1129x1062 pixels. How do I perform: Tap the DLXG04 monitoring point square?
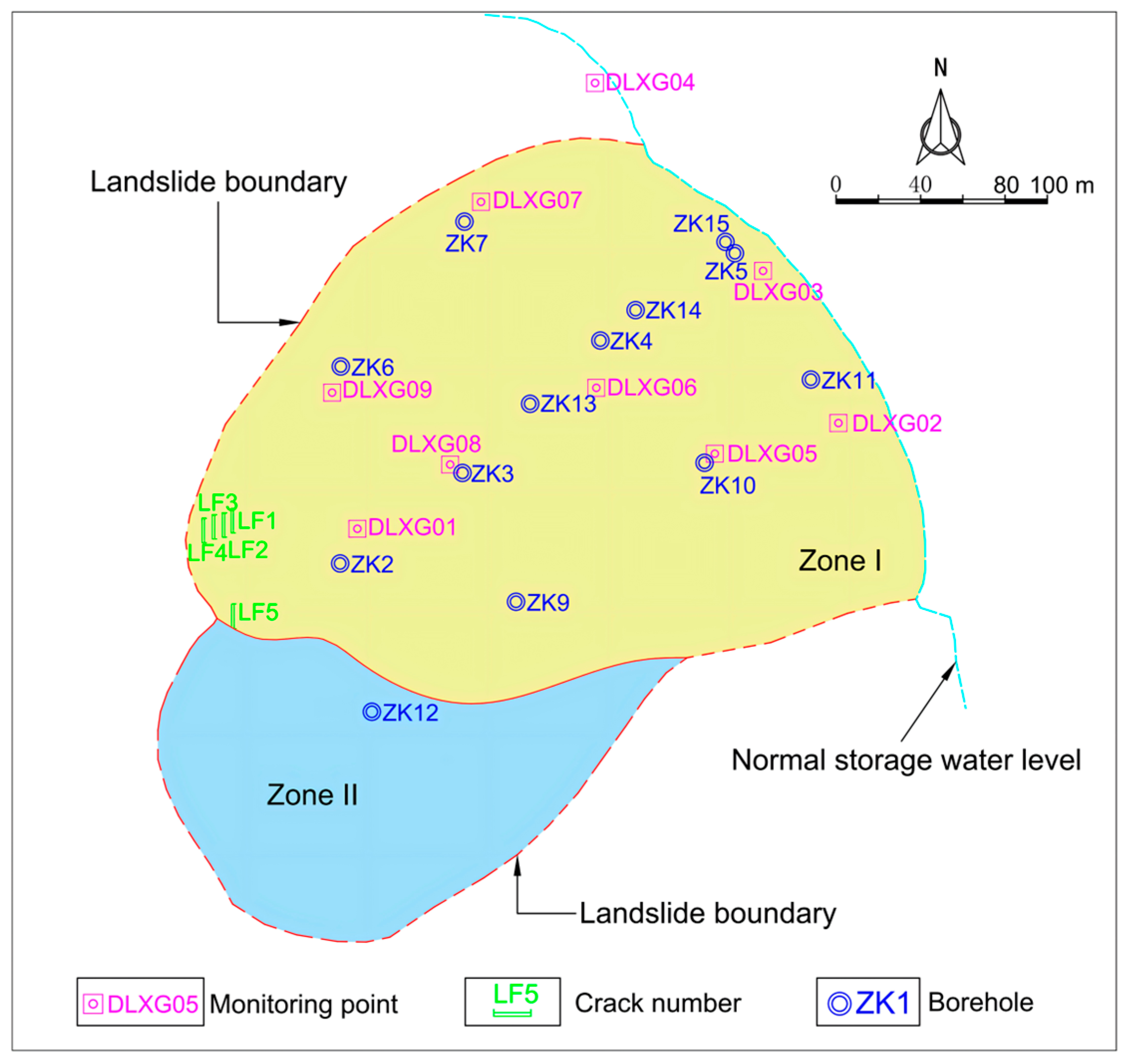pos(594,83)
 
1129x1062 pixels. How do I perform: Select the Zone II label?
pos(312,794)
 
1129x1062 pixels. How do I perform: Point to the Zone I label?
pos(840,561)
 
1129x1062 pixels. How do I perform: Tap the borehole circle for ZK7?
pos(464,221)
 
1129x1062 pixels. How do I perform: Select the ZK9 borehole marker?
pos(516,602)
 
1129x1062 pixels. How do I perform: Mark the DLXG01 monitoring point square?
pos(357,529)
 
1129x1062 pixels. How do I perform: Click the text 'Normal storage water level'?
pos(906,760)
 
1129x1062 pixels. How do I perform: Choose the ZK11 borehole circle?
pos(811,379)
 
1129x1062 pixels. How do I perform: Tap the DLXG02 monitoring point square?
pos(838,423)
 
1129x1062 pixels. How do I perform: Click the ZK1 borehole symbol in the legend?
pos(840,1004)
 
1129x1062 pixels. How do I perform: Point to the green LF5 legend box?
pos(512,1001)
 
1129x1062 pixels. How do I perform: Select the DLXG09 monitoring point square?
pos(332,392)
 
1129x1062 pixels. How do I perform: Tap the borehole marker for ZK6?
pos(341,366)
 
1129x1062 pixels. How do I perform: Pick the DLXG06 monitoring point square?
pos(596,388)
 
